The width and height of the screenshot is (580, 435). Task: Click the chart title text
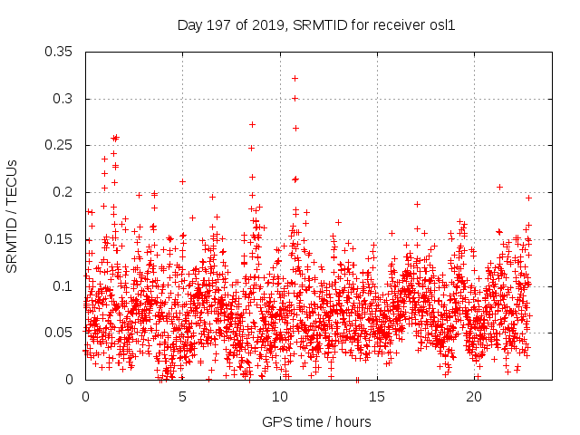click(315, 25)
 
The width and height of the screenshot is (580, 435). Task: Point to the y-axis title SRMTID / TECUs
click(13, 216)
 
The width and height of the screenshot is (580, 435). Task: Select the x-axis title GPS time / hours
click(316, 421)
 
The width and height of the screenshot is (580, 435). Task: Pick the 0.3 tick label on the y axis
click(66, 99)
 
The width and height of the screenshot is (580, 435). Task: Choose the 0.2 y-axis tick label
click(66, 192)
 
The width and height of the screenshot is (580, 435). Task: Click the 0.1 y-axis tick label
click(66, 286)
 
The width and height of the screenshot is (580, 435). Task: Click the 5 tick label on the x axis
click(183, 397)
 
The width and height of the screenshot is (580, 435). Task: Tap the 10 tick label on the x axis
click(280, 397)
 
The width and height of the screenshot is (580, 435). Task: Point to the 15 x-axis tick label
click(378, 397)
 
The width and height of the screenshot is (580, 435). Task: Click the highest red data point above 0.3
click(295, 78)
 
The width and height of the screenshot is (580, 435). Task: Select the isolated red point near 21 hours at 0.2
click(499, 187)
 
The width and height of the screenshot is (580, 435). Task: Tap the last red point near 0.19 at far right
click(528, 198)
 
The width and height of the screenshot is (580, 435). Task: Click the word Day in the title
click(190, 25)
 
